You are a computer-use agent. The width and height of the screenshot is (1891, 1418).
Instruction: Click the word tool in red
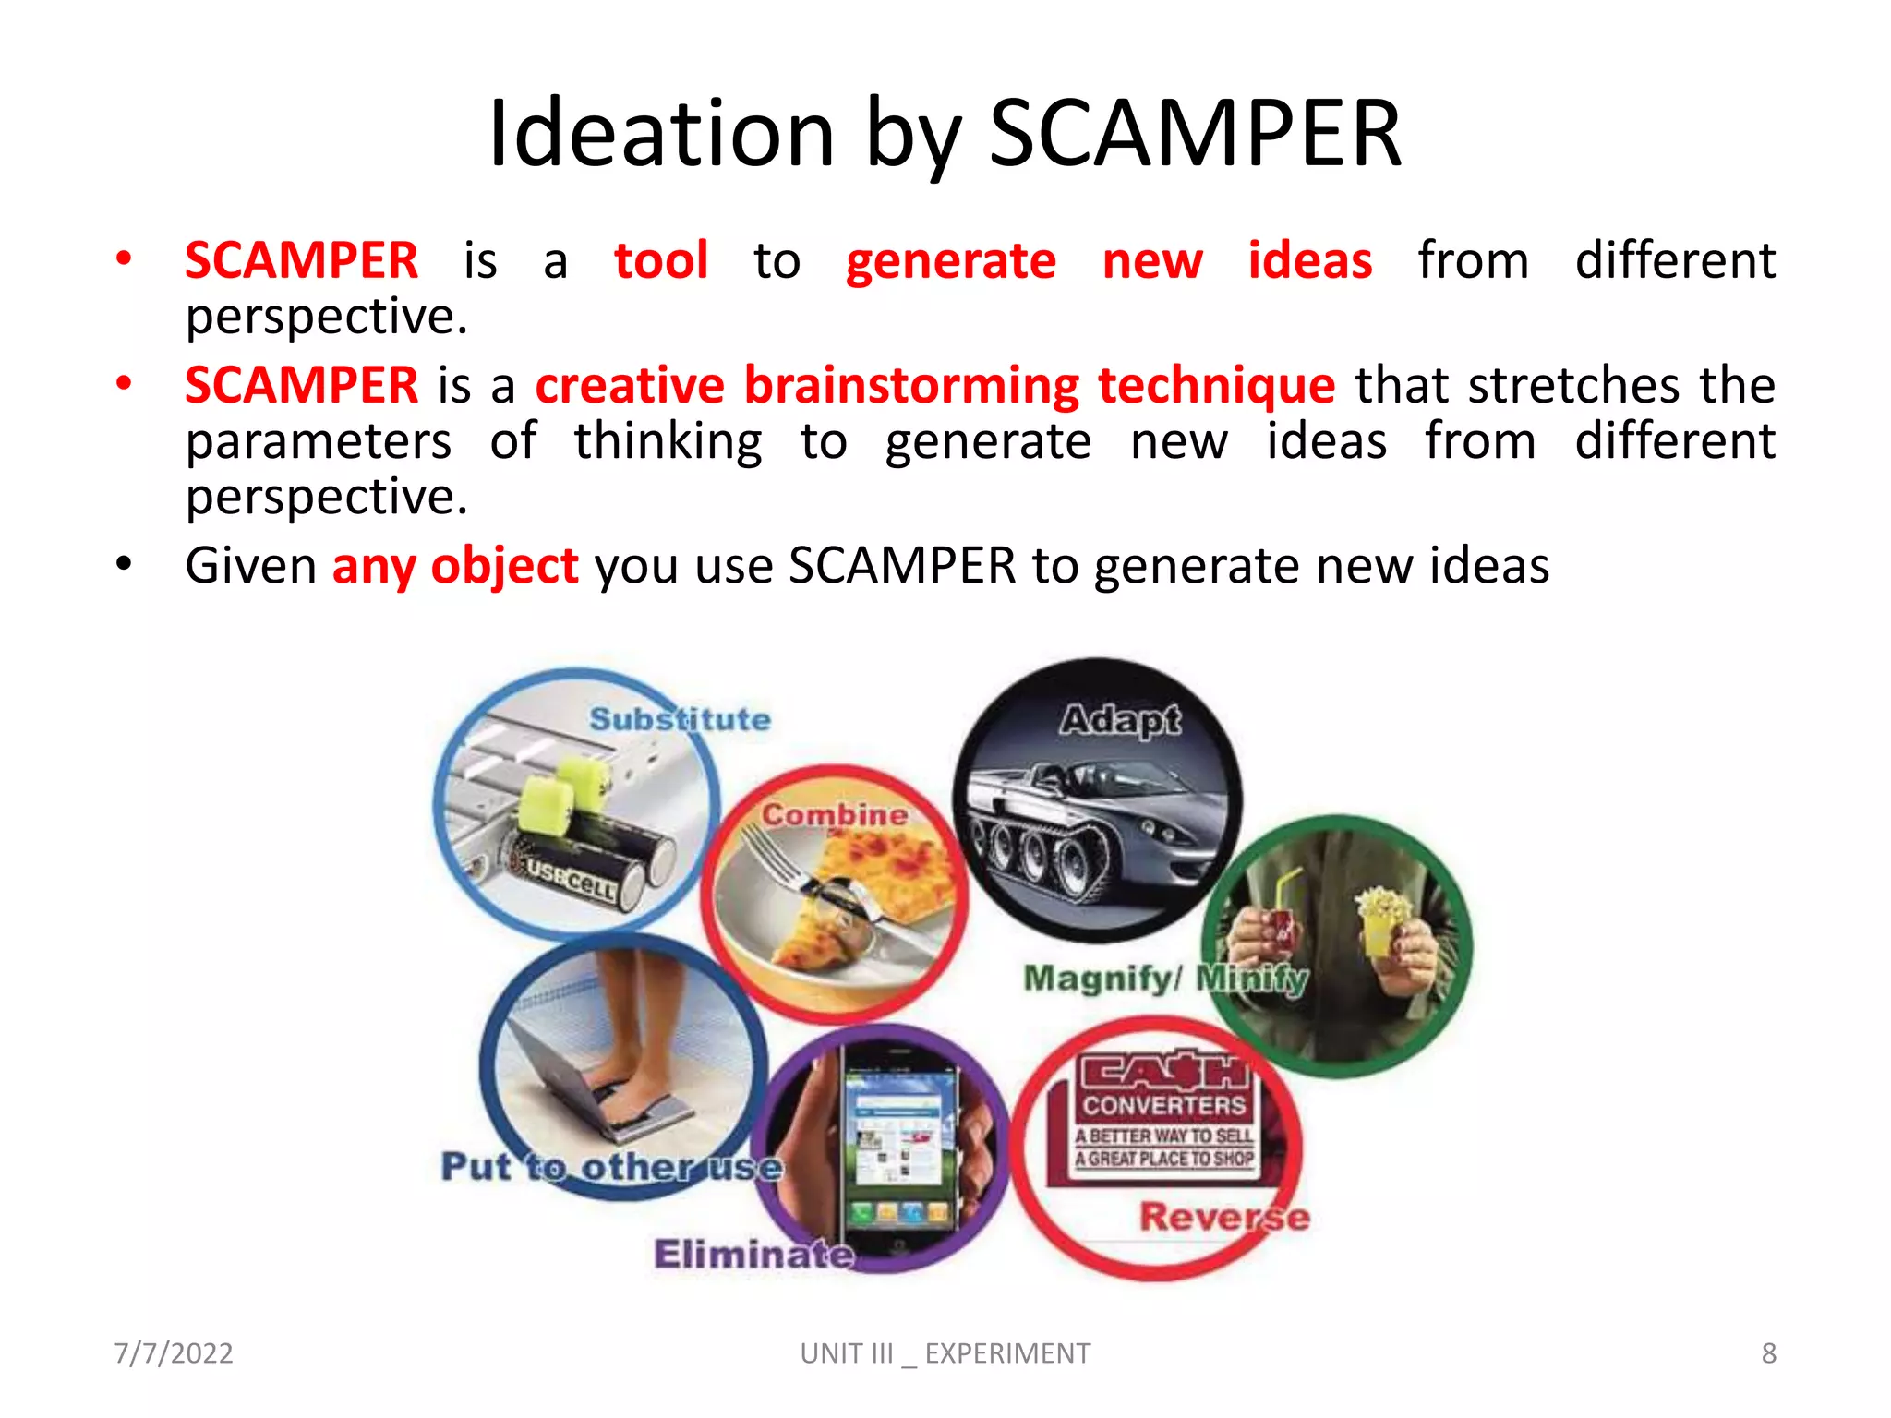(661, 260)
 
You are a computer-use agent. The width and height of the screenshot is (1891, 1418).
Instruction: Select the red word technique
(1216, 385)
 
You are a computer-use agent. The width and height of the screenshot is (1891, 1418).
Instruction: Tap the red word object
(504, 565)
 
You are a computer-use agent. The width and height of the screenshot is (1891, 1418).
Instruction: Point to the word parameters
(319, 441)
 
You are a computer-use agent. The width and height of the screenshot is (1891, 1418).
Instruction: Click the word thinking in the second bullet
(668, 441)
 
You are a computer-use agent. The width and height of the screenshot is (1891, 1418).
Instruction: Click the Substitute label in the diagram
(680, 719)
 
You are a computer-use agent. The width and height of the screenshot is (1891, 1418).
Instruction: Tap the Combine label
(834, 814)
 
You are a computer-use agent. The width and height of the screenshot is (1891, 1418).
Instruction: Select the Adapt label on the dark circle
(1120, 719)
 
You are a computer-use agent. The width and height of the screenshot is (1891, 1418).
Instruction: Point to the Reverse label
(1223, 1217)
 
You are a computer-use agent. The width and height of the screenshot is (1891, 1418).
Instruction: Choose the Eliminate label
(753, 1254)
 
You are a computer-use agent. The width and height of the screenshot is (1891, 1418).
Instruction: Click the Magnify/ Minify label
(1165, 978)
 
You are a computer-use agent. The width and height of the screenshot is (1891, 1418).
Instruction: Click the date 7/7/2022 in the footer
(174, 1353)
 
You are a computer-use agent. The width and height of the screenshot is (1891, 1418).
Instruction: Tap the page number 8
(1768, 1353)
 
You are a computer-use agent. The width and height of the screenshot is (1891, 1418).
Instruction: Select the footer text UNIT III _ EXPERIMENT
(945, 1353)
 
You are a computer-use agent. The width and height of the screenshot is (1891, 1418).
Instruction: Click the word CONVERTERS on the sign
(1163, 1105)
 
